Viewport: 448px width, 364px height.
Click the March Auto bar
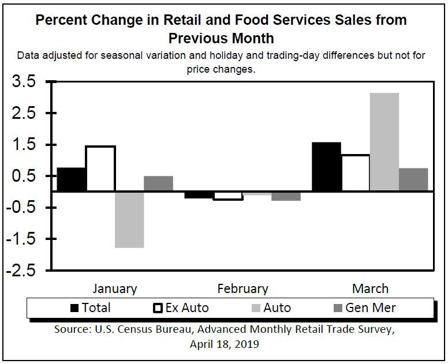click(x=384, y=142)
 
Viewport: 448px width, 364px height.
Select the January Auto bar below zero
click(x=129, y=219)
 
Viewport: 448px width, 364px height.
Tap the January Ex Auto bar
click(x=100, y=168)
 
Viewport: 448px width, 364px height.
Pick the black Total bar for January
click(x=72, y=179)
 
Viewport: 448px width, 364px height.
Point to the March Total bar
click(x=326, y=167)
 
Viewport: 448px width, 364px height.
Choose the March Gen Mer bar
click(x=413, y=179)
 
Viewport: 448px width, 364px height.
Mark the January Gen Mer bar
click(x=158, y=183)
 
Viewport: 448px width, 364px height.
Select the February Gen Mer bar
click(x=286, y=196)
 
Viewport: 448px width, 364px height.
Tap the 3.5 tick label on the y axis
click(x=24, y=82)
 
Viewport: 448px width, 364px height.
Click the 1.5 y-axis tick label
click(x=24, y=145)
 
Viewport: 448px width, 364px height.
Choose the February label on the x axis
click(x=242, y=288)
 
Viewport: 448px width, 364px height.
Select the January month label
click(x=115, y=288)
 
